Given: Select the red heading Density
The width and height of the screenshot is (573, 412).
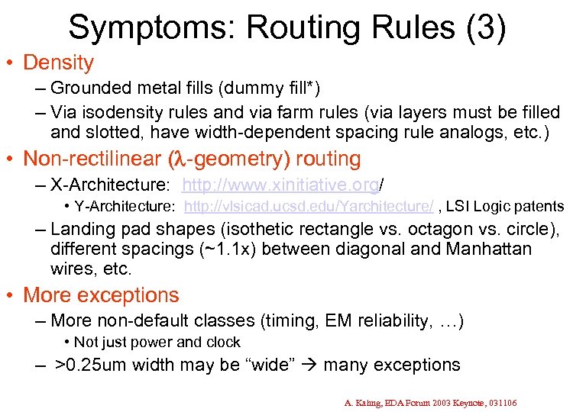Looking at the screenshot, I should click(x=58, y=63).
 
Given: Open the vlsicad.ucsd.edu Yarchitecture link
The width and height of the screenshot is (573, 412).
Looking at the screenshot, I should click(x=309, y=206).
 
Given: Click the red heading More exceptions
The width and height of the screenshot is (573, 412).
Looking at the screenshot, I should click(x=101, y=295).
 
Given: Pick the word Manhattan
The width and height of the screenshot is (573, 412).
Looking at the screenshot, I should click(x=482, y=249).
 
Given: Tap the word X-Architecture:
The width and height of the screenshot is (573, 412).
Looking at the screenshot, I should click(x=111, y=185).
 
